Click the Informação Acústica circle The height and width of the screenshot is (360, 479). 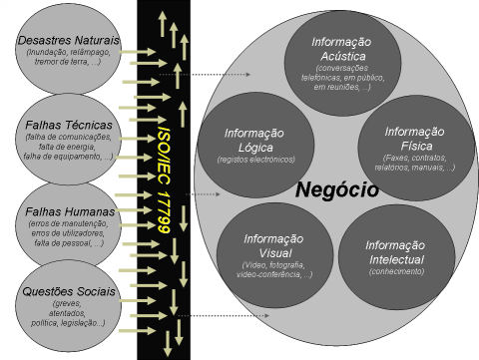pyautogui.click(x=341, y=60)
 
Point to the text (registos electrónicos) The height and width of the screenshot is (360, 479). pyautogui.click(x=255, y=160)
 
